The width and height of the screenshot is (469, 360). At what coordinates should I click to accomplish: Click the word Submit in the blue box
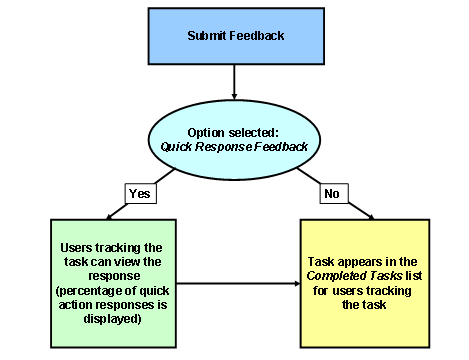point(208,37)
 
